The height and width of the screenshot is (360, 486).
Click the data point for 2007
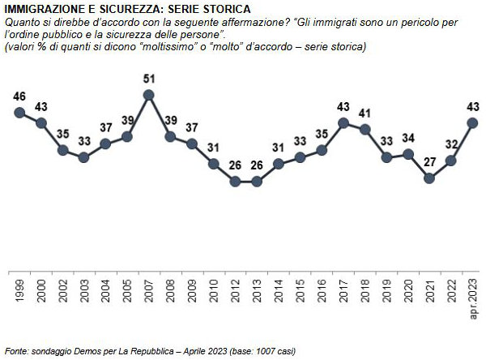(x=148, y=95)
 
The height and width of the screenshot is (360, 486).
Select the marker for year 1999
(x=19, y=112)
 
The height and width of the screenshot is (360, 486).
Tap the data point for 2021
(x=429, y=178)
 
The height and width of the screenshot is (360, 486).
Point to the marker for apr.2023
(x=473, y=122)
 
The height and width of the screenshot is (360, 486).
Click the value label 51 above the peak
(x=148, y=79)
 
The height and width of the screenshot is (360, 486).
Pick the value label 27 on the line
(x=429, y=162)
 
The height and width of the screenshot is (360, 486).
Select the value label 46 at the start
(x=19, y=96)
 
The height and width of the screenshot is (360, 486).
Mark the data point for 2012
(x=235, y=182)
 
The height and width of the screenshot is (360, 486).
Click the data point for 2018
(x=364, y=129)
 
